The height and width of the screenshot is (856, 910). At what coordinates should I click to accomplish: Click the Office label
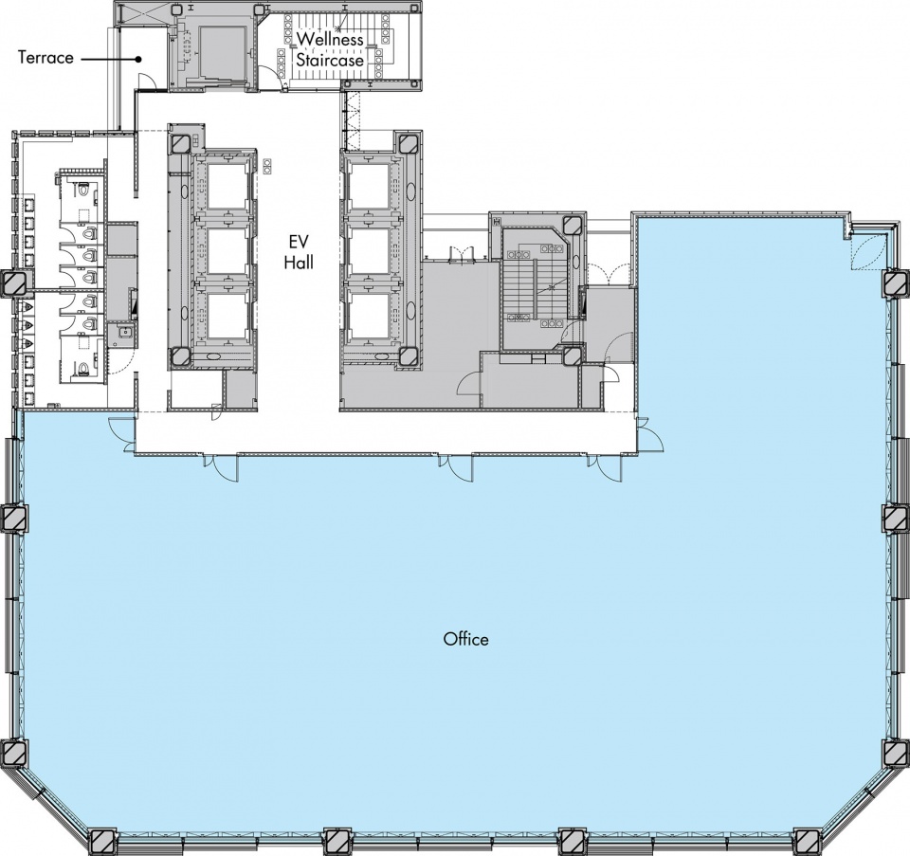tap(466, 639)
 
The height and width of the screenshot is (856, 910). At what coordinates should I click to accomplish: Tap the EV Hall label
tap(299, 252)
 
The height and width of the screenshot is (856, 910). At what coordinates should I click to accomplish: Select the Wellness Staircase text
tap(330, 49)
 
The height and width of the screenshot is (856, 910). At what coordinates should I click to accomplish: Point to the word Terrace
tap(45, 58)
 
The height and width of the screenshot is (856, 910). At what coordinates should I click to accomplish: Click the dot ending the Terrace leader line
tap(138, 59)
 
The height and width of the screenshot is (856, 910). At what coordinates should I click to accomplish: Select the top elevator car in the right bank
tap(369, 187)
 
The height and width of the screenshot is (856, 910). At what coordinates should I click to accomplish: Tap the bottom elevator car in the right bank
tap(369, 317)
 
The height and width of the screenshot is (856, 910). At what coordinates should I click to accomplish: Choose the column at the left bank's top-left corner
tap(179, 143)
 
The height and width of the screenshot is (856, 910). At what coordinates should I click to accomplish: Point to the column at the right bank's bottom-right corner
tap(409, 355)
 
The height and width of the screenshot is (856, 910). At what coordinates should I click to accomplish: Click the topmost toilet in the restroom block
tap(83, 191)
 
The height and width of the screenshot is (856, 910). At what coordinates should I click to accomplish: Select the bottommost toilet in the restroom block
tap(83, 367)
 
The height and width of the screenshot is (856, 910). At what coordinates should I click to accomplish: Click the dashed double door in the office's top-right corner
tap(868, 250)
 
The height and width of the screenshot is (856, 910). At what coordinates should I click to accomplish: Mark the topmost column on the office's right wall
tap(896, 283)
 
